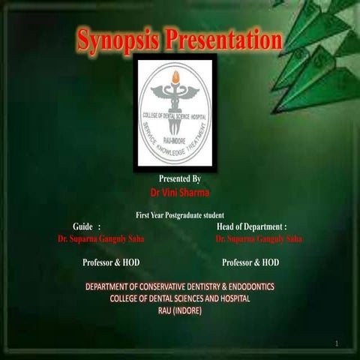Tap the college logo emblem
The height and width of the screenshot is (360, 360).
pyautogui.click(x=175, y=112)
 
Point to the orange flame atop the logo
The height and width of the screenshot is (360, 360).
pyautogui.click(x=175, y=76)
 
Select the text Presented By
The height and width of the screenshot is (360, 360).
pyautogui.click(x=179, y=179)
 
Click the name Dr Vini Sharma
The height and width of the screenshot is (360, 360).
pyautogui.click(x=179, y=193)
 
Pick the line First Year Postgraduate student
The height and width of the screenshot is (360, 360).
pyautogui.click(x=180, y=215)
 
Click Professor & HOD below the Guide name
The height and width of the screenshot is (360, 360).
pyautogui.click(x=110, y=262)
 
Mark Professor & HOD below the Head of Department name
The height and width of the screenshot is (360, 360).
pyautogui.click(x=250, y=262)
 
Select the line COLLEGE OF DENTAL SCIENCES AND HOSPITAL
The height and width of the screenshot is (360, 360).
pyautogui.click(x=180, y=298)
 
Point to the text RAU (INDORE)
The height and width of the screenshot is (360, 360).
pyautogui.click(x=180, y=310)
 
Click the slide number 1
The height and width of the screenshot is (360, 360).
pyautogui.click(x=337, y=343)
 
